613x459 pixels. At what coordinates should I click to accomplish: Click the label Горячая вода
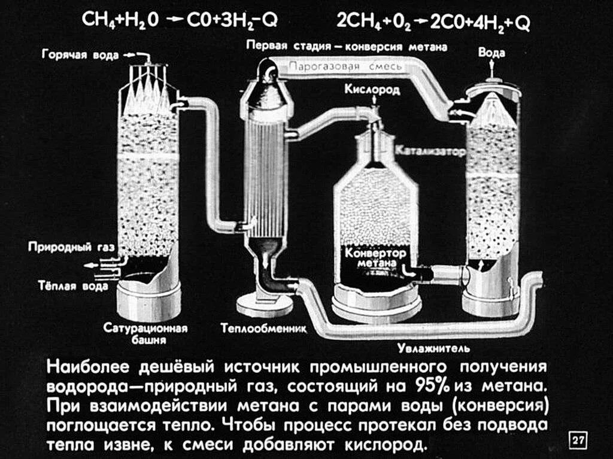(80, 55)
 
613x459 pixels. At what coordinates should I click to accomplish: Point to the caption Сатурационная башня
(145, 334)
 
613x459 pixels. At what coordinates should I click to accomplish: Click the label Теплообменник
(263, 328)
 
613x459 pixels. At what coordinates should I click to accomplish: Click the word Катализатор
(430, 152)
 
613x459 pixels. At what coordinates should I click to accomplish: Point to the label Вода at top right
(491, 53)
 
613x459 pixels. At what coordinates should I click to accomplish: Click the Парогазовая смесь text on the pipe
(343, 67)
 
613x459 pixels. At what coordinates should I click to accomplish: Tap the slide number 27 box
(577, 441)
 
